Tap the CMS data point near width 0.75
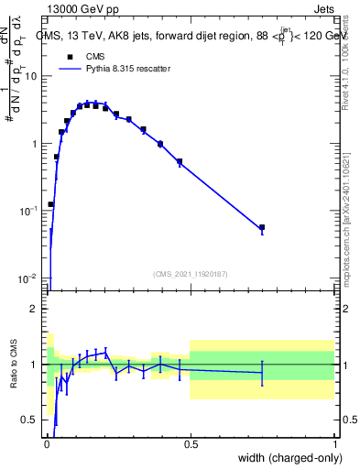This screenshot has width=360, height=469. [x=262, y=227]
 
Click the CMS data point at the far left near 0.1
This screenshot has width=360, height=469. [x=51, y=204]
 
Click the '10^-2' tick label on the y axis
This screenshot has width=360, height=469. [x=28, y=278]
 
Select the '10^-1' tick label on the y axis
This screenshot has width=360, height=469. [x=28, y=211]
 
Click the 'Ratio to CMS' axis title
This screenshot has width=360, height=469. [x=15, y=365]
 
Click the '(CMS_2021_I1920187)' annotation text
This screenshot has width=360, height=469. [x=191, y=273]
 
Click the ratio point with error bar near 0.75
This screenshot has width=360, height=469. [x=262, y=372]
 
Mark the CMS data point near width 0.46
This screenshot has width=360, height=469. [x=180, y=162]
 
